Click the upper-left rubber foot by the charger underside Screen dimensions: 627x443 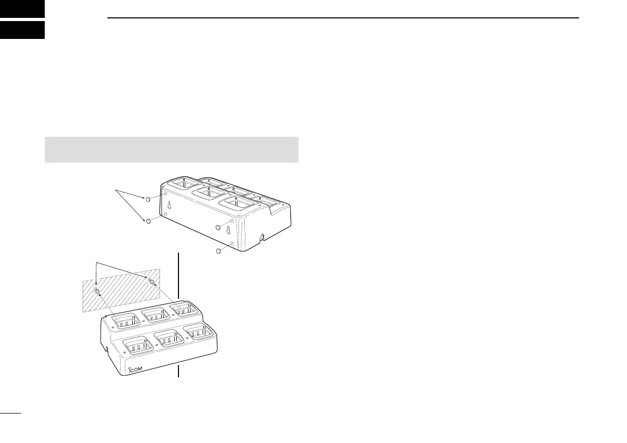148,199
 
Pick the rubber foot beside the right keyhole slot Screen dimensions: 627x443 220,227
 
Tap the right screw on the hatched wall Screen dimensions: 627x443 152,281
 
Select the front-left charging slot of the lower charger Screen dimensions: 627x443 137,347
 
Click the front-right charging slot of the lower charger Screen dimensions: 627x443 202,332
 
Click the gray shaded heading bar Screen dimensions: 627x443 172,150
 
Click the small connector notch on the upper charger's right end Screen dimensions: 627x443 261,239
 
